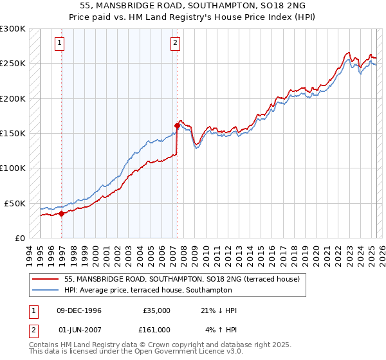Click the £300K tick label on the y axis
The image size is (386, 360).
pos(12,29)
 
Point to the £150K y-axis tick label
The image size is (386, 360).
pos(12,134)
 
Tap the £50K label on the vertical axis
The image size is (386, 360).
pos(15,203)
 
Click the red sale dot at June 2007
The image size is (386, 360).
pos(176,126)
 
